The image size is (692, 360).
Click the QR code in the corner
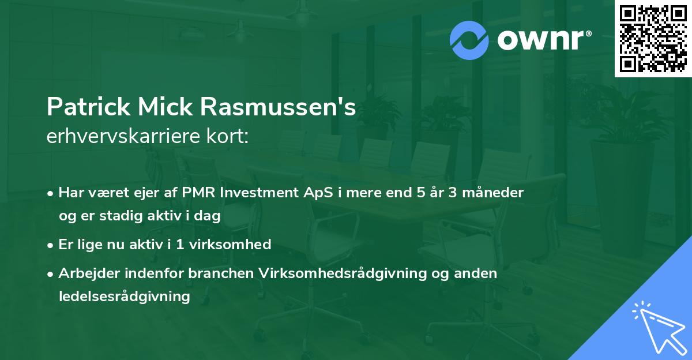coord(653,39)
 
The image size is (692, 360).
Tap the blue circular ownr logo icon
coord(469,40)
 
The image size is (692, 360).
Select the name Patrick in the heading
coord(88,108)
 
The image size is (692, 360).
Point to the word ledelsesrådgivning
coord(124,297)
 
